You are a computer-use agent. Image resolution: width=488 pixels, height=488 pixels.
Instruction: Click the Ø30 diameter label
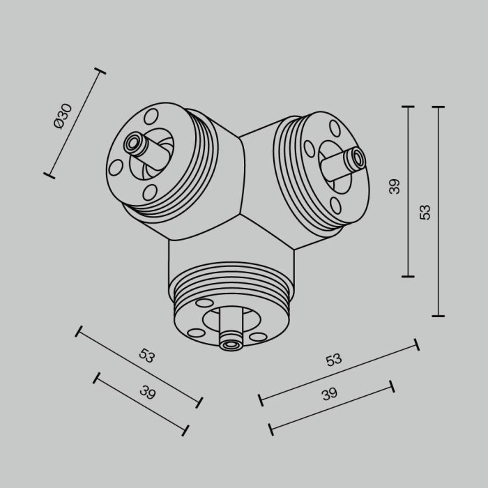click(x=63, y=116)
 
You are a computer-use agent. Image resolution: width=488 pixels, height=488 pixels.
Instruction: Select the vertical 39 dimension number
click(x=395, y=186)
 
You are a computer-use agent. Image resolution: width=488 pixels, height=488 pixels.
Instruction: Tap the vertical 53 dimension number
click(x=425, y=212)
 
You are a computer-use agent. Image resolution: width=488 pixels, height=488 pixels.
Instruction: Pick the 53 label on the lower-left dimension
click(x=146, y=356)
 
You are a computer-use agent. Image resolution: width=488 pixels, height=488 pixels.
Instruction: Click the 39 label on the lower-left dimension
click(x=147, y=392)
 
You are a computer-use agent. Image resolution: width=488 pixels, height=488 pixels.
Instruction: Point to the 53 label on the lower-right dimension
click(x=334, y=360)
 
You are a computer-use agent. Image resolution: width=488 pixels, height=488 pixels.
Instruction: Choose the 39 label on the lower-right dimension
click(x=330, y=394)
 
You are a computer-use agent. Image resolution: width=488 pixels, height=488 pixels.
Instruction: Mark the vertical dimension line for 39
click(x=409, y=192)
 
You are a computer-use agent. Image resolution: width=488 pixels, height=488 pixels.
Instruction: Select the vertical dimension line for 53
click(x=439, y=212)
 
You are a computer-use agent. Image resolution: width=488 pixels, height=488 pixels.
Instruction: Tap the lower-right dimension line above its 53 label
click(x=339, y=372)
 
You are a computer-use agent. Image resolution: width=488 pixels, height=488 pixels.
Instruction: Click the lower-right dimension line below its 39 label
click(x=332, y=406)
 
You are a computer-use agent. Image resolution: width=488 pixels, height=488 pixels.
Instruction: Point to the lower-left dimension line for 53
click(x=139, y=365)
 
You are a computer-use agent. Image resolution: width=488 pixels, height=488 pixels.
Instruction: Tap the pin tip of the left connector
click(x=131, y=144)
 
